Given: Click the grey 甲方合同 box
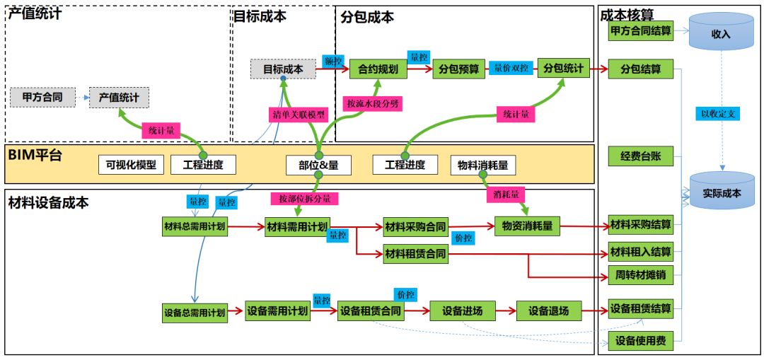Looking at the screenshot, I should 42,96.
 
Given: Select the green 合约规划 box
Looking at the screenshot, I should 378,69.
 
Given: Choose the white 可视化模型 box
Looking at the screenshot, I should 132,165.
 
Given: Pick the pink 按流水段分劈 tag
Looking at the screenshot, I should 373,104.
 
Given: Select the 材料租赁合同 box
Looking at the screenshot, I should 415,252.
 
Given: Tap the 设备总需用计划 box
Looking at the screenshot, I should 195,312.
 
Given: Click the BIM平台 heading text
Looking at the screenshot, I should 35,154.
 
